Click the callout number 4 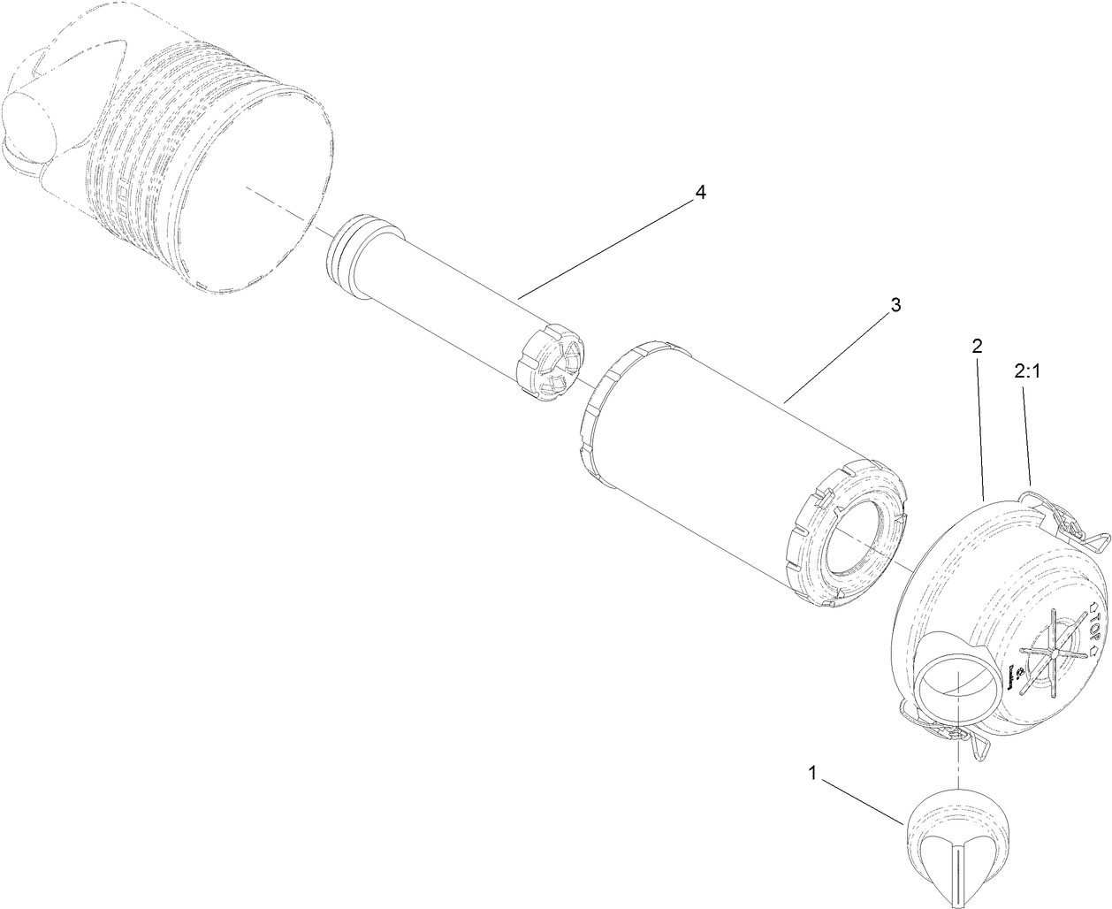(x=700, y=194)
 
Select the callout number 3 (x=895, y=306)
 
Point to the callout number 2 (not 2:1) (x=977, y=347)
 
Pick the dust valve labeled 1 (x=956, y=839)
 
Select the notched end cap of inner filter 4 (x=550, y=367)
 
